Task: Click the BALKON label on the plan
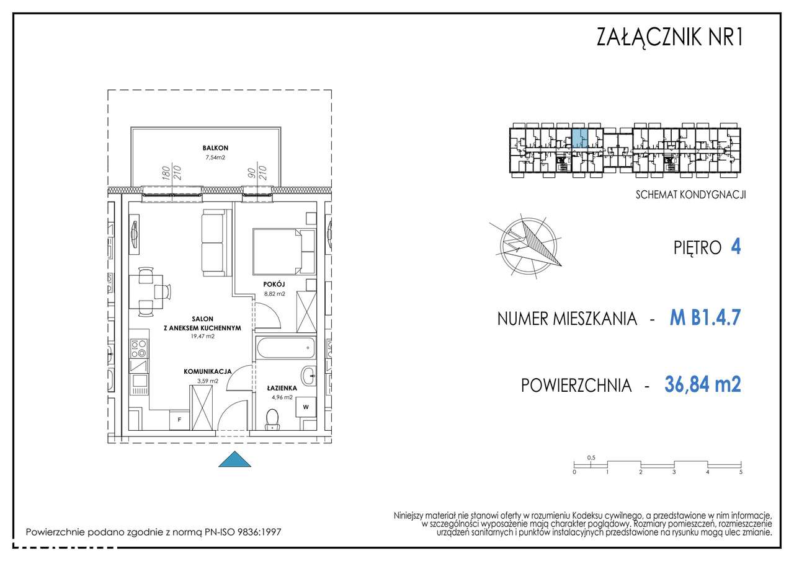215,148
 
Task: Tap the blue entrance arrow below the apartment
235,459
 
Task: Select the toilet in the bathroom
272,419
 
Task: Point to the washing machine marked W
305,407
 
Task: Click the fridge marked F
180,420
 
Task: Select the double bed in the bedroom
284,251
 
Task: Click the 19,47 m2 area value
202,337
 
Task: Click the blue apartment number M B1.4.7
705,319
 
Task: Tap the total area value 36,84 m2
702,385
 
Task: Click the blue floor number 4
736,247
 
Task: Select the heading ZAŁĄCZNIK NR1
669,38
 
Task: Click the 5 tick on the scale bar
741,472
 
